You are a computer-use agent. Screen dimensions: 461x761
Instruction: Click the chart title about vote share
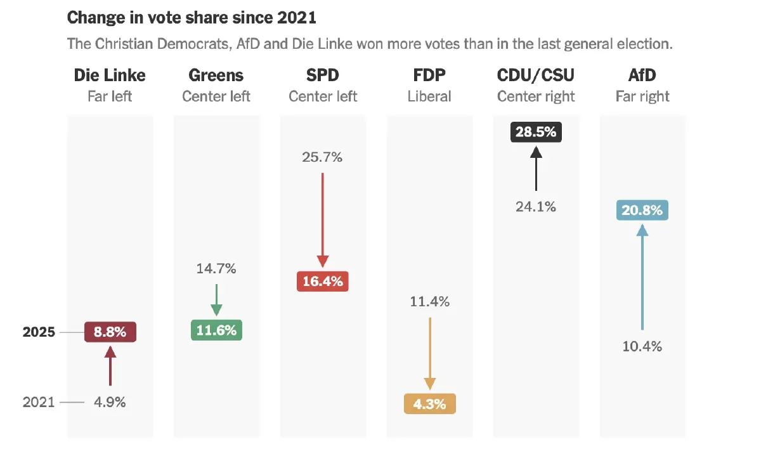click(192, 18)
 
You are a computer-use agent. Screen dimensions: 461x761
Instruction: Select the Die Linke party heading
click(110, 75)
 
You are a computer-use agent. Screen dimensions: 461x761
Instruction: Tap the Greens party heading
click(216, 75)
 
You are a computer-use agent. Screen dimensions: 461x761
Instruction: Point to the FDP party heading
click(429, 75)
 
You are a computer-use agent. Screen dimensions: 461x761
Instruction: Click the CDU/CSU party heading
click(536, 75)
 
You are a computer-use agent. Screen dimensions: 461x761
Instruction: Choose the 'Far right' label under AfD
click(642, 96)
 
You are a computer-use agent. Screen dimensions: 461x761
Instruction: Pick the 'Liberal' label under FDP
click(429, 96)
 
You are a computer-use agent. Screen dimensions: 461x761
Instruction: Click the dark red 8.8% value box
click(110, 332)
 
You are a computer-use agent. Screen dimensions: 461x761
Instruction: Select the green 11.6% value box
click(216, 330)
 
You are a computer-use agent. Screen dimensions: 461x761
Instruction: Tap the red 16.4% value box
click(323, 281)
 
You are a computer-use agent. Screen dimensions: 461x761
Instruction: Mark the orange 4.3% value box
click(429, 404)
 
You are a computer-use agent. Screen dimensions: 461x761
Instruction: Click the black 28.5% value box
click(536, 132)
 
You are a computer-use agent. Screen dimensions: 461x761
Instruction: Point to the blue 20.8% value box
click(642, 210)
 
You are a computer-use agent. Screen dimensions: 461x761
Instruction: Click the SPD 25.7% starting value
click(322, 157)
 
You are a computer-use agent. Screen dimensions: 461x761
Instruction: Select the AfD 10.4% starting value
click(642, 346)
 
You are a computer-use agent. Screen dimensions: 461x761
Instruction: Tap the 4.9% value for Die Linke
click(110, 402)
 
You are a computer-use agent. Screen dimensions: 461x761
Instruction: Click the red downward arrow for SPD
click(323, 219)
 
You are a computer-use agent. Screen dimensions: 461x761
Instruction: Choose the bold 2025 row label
click(39, 332)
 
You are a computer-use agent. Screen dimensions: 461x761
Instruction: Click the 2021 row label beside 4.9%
click(39, 402)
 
